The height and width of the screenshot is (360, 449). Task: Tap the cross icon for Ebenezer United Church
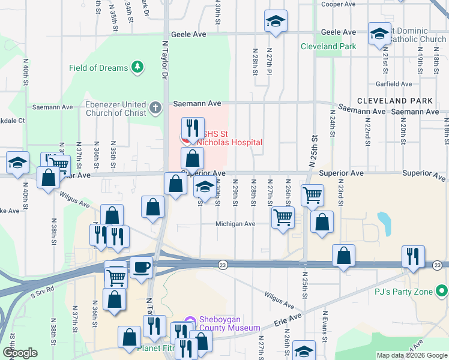155,108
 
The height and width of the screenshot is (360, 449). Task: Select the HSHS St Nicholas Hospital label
231,138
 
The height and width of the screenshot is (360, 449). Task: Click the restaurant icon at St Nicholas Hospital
193,127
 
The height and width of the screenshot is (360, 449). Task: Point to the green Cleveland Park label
328,46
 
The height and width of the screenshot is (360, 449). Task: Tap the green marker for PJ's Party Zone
442,292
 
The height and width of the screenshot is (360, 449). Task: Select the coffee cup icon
141,267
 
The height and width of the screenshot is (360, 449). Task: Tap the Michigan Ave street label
236,224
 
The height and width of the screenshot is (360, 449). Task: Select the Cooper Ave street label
340,4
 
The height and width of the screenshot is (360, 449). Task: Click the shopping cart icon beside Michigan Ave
282,217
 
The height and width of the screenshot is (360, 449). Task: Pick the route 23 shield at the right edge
438,265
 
